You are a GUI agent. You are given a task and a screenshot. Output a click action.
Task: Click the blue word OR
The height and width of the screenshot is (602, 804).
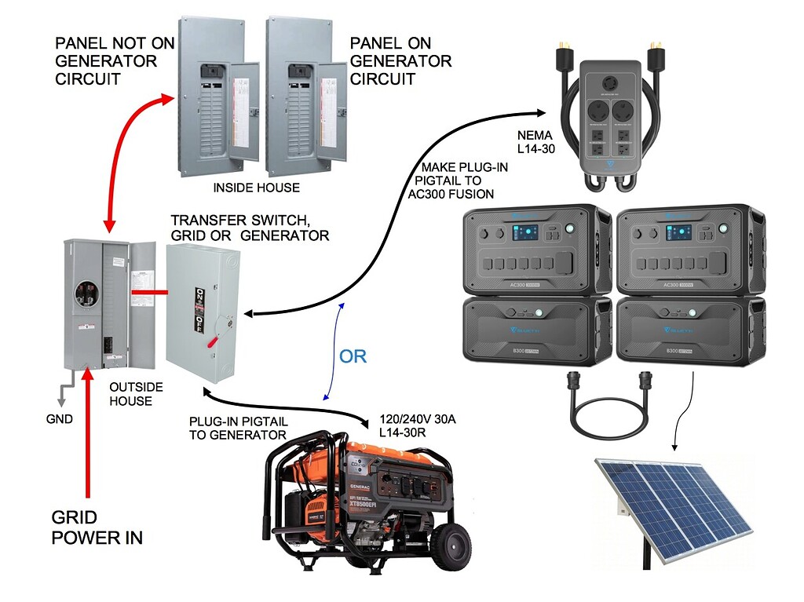pos(353,356)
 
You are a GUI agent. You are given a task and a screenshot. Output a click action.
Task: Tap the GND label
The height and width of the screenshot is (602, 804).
pos(60,418)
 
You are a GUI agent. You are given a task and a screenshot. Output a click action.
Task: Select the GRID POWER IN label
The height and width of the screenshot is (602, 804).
pos(97,527)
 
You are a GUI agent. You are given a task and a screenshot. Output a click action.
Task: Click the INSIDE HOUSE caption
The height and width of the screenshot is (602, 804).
pos(258,188)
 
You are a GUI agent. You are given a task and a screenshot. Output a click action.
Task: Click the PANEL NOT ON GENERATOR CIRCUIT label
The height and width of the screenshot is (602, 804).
pos(106,60)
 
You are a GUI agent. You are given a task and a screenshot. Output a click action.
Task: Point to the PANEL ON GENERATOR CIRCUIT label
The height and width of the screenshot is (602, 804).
pos(400,60)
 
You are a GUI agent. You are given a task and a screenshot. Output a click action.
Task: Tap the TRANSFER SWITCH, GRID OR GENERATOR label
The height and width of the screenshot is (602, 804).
pos(250,228)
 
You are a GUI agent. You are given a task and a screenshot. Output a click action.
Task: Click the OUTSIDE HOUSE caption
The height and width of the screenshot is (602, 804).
pos(136,394)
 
